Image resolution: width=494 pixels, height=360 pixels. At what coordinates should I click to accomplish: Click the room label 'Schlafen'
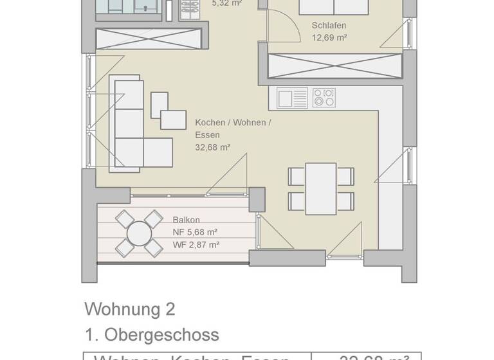tap(329, 26)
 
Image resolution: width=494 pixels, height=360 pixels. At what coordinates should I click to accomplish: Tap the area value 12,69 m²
tap(329, 38)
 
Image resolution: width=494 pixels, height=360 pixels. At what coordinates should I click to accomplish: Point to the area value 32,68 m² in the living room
tap(212, 147)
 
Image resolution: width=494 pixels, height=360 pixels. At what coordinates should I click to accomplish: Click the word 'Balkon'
tap(186, 220)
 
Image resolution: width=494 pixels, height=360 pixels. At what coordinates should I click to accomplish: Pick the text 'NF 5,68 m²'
tap(195, 232)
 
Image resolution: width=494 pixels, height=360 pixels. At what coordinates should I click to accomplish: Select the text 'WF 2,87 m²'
tap(196, 244)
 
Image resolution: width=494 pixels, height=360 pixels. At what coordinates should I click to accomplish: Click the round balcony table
tap(138, 233)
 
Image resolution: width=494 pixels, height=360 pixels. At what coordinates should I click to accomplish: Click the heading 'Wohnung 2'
tap(129, 309)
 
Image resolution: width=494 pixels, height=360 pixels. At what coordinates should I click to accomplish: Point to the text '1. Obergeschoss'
tap(151, 335)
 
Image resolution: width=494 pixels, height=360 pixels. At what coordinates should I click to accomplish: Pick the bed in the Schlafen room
tap(333, 6)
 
